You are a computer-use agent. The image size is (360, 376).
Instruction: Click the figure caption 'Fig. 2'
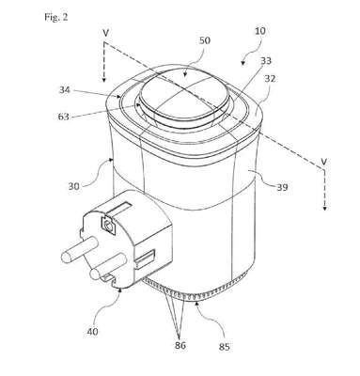point(56,17)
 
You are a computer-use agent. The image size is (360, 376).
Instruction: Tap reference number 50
point(205,40)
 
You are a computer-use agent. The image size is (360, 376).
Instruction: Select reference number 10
point(260,31)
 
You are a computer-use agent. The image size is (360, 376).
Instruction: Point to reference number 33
point(266,60)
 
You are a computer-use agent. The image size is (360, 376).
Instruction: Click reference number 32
point(270,78)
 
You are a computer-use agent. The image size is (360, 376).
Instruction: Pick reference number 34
point(65,90)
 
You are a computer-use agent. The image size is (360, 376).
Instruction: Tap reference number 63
point(64,117)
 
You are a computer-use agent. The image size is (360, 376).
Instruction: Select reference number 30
point(74,186)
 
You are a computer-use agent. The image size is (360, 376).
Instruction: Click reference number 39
point(282,187)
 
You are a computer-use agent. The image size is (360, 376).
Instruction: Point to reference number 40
point(91,331)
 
